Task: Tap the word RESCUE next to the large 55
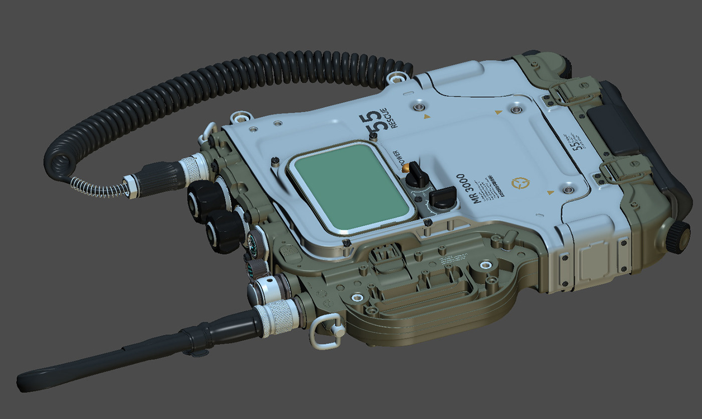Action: [x=396, y=117]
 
